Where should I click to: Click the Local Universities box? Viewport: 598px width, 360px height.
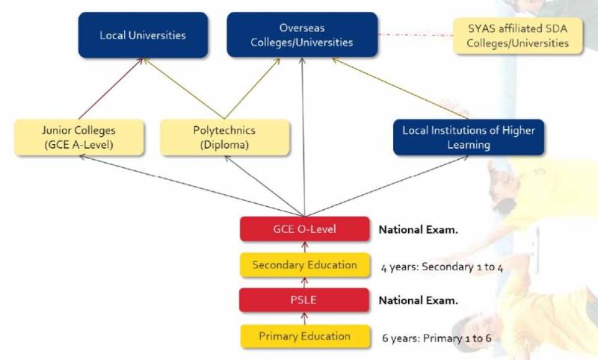click(x=143, y=34)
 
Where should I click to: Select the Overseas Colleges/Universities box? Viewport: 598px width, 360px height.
click(x=302, y=34)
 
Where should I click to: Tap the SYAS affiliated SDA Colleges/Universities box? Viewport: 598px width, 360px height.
click(x=517, y=35)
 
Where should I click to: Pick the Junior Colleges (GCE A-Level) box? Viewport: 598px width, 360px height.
click(x=78, y=137)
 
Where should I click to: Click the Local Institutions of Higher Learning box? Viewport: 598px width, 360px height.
click(x=469, y=137)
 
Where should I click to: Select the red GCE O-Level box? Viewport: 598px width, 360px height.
click(x=304, y=229)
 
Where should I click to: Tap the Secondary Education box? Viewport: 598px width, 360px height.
click(x=304, y=264)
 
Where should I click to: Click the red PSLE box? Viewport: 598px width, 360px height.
click(x=304, y=300)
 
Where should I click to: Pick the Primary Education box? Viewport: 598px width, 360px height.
click(x=304, y=336)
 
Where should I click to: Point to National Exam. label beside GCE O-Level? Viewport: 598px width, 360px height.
click(x=418, y=229)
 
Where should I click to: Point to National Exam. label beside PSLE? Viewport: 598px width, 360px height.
click(x=418, y=300)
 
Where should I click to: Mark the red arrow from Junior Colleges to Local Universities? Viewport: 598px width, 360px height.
click(x=111, y=88)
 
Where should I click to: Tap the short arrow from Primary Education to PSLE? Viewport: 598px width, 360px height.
click(x=303, y=318)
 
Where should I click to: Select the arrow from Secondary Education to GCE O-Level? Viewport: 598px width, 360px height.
click(x=303, y=246)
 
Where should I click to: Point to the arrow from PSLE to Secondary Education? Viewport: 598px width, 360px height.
click(x=303, y=282)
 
